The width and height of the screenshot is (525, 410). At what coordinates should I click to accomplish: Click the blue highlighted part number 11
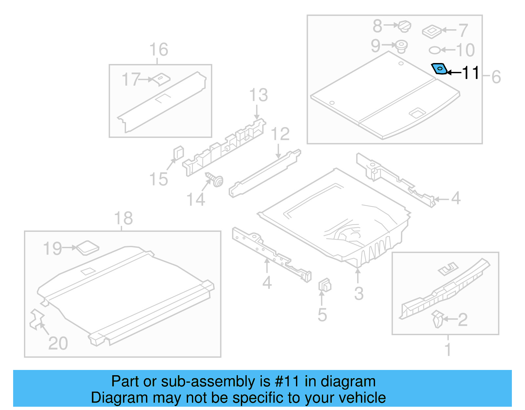(x=439, y=69)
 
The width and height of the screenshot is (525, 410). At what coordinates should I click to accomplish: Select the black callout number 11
(x=471, y=73)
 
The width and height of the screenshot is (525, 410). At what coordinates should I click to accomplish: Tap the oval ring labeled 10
(x=435, y=50)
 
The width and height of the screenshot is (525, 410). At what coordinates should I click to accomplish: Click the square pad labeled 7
(x=431, y=32)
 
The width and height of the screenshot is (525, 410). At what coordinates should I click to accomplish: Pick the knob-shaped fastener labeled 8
(x=405, y=26)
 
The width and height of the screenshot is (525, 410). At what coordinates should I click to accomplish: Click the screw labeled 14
(x=215, y=180)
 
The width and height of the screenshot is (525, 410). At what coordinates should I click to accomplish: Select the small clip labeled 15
(x=178, y=153)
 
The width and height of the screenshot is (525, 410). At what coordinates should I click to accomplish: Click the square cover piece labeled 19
(x=87, y=248)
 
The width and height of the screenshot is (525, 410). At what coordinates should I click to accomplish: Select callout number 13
(x=259, y=96)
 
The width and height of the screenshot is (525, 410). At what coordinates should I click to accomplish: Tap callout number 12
(x=280, y=134)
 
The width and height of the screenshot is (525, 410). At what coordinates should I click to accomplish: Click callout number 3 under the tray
(x=359, y=293)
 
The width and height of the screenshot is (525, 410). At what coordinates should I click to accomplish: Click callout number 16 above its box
(x=158, y=50)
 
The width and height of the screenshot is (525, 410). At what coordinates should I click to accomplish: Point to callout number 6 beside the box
(x=496, y=77)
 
